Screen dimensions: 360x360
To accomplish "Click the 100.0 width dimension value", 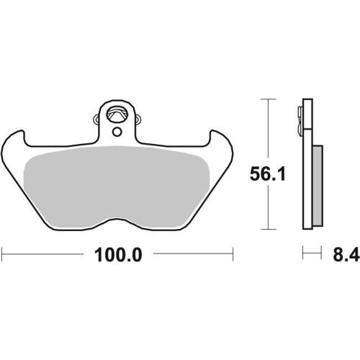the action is click(x=118, y=255).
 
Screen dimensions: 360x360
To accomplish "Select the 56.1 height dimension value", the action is click(x=268, y=174).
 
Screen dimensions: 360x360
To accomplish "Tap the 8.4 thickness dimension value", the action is click(x=346, y=255).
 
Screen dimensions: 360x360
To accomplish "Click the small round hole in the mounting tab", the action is click(x=117, y=132).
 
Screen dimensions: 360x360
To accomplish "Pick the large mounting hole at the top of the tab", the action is click(x=117, y=114).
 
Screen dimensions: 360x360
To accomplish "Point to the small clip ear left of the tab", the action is click(x=96, y=120).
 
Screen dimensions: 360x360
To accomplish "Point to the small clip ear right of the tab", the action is click(x=138, y=120).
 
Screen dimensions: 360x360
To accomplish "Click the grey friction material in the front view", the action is click(x=117, y=186).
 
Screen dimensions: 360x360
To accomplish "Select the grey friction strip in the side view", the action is click(x=318, y=185).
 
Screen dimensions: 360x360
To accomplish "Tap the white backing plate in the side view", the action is click(x=307, y=164).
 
